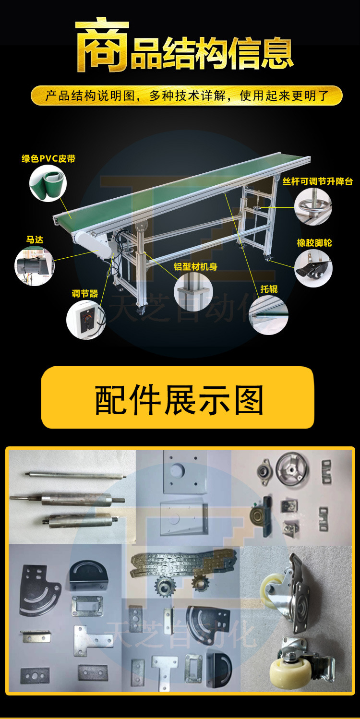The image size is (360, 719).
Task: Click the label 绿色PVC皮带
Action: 48,158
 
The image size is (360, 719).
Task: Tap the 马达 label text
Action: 35,240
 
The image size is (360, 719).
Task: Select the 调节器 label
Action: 85,293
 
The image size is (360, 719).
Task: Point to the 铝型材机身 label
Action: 195,266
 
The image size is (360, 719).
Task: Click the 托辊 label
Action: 269,289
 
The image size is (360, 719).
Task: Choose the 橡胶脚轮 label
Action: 314,243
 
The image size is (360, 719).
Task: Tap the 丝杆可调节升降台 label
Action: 317,181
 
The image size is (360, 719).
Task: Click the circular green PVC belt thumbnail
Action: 48,183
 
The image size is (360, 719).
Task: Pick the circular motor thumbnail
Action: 35,266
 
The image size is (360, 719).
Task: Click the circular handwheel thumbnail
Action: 313,206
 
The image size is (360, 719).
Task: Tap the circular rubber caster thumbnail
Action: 313,268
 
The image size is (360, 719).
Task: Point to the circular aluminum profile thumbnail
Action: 193,291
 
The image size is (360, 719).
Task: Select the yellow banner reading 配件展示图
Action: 178,397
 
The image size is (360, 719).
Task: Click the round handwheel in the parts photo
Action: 292,471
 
